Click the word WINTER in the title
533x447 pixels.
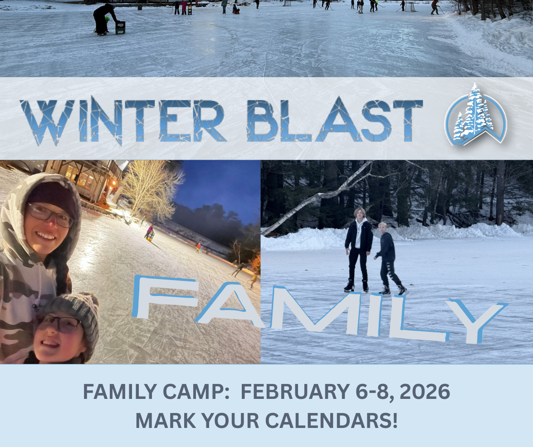pyautogui.click(x=123, y=121)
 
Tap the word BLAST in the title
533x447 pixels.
pyautogui.click(x=334, y=121)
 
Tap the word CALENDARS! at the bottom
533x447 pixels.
pyautogui.click(x=331, y=421)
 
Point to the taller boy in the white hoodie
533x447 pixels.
pyautogui.click(x=358, y=249)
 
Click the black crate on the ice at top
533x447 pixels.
pyautogui.click(x=120, y=28)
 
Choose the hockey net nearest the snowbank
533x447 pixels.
pyautogui.click(x=411, y=6)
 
